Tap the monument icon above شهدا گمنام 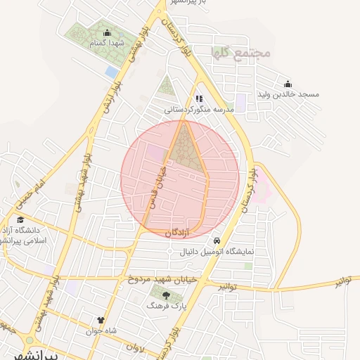(x=107, y=32)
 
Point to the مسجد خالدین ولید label (x=289, y=94)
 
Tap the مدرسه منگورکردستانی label (x=199, y=110)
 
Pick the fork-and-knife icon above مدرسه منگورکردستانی (x=199, y=99)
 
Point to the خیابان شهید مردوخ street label (x=159, y=279)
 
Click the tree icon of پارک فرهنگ (x=166, y=296)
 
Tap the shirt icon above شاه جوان (x=101, y=320)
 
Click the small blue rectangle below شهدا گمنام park (x=111, y=72)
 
